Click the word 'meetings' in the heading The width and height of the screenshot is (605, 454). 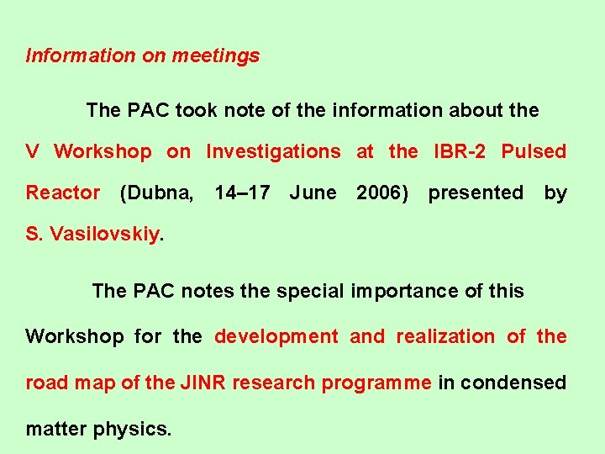(x=216, y=56)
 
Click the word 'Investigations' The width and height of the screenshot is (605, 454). (x=273, y=151)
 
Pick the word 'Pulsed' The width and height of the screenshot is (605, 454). (x=534, y=151)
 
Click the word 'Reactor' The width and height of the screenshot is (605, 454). (x=63, y=193)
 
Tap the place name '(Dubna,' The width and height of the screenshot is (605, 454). (x=157, y=193)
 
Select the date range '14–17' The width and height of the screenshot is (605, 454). (x=242, y=193)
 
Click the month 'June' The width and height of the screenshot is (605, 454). (x=313, y=193)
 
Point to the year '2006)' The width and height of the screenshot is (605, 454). (x=382, y=193)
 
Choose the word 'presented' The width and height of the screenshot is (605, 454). (x=476, y=193)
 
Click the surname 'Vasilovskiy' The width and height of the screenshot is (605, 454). (x=104, y=235)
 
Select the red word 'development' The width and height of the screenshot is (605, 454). (x=276, y=336)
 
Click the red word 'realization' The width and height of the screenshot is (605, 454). (x=445, y=336)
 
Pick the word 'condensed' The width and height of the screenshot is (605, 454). (x=513, y=383)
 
